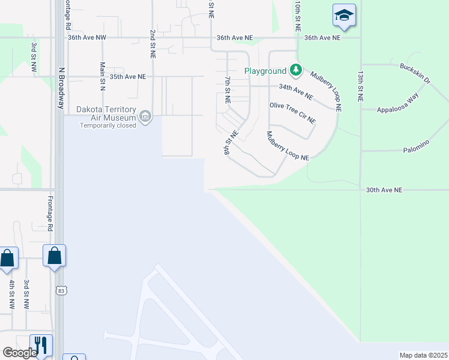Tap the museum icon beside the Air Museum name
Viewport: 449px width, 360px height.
pyautogui.click(x=145, y=116)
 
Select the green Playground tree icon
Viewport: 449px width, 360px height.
pyautogui.click(x=295, y=71)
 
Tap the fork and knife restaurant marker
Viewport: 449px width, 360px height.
pyautogui.click(x=41, y=344)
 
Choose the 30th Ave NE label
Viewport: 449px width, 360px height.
pyautogui.click(x=384, y=190)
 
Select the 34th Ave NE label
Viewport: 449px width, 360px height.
pyautogui.click(x=295, y=91)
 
